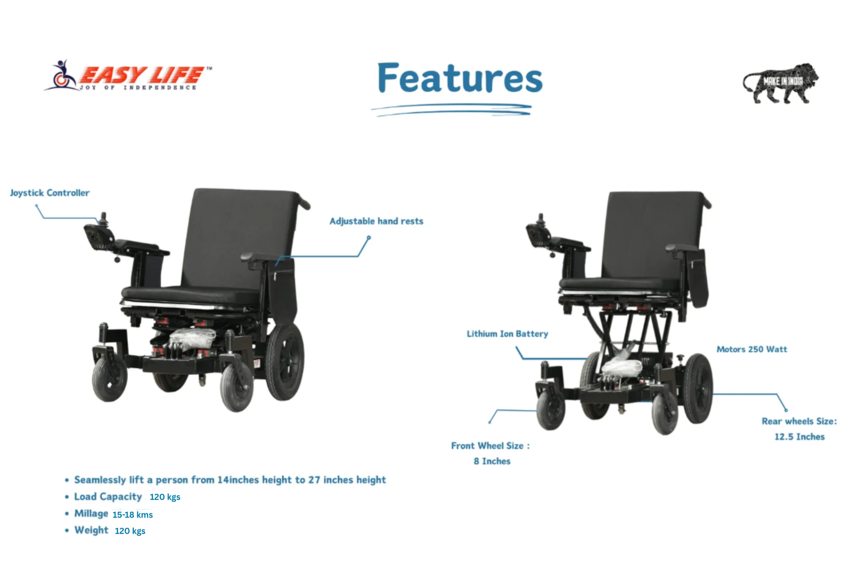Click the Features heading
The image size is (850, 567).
coord(460,78)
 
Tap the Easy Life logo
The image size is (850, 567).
coord(128,75)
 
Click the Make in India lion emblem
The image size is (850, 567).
coord(780,83)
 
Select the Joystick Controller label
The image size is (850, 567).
coord(50,193)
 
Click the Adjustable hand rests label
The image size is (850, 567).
coord(377,221)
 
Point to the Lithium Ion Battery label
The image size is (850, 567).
coord(507,334)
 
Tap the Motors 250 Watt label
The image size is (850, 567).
coord(752,349)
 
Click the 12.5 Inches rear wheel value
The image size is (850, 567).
coord(800,437)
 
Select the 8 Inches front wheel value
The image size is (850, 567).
coord(492,461)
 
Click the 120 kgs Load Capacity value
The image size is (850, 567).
coord(165,497)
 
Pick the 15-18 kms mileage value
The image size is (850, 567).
coord(133,514)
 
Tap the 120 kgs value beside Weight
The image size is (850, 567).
coord(130,531)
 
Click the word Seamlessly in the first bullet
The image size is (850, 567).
coord(100,480)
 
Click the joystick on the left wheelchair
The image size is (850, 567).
coord(103,218)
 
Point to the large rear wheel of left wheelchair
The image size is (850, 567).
coord(285,362)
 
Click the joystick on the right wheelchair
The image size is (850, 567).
coord(541,219)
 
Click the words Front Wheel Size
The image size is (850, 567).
coord(487,446)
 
